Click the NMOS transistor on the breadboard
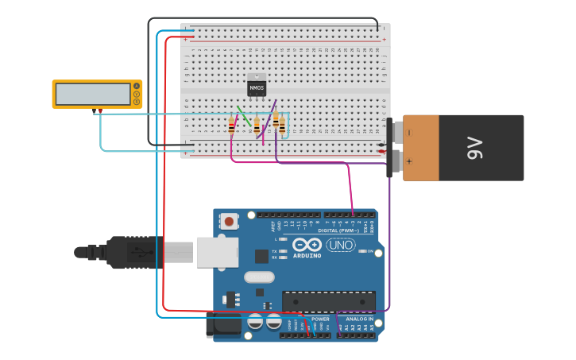click(257, 86)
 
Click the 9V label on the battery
click(474, 147)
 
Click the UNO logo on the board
click(341, 245)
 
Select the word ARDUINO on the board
click(307, 256)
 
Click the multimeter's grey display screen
click(93, 94)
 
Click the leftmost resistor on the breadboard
click(231, 126)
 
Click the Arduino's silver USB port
click(217, 251)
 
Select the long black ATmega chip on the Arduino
click(328, 301)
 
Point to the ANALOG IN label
click(359, 319)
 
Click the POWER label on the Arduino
click(320, 319)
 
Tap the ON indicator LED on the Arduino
click(362, 251)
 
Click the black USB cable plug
click(135, 252)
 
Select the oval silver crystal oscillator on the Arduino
click(259, 277)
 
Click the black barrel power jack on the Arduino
click(223, 324)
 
